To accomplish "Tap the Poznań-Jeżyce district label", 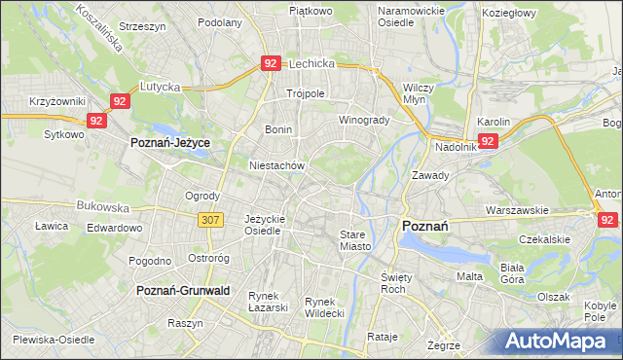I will coord(170,142).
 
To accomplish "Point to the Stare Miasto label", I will coord(355,240).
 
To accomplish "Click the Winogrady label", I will coord(363,121).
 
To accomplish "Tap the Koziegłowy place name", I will coord(510,13).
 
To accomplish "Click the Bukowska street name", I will coord(103,207).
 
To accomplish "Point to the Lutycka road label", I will coord(161,87).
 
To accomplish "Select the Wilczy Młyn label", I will coord(419,93).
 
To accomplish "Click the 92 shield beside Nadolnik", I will coord(489,141).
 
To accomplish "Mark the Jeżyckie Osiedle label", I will coord(264,225).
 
